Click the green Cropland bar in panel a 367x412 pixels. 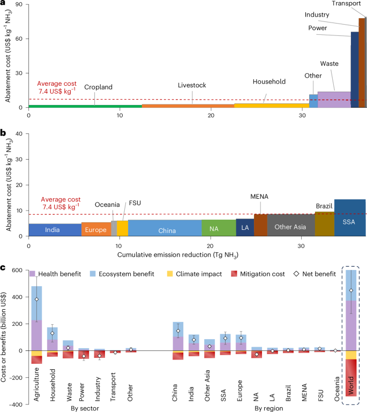tap(85, 106)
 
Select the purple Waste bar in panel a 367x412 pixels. tap(334, 99)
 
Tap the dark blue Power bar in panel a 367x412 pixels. tap(355, 70)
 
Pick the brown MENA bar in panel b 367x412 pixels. tap(260, 225)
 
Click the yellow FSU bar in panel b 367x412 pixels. tap(123, 228)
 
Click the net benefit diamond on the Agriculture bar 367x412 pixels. tap(36, 299)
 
